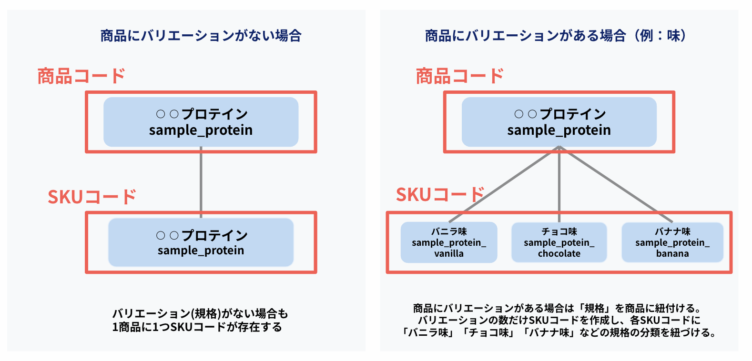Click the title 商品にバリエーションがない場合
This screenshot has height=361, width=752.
pyautogui.click(x=201, y=36)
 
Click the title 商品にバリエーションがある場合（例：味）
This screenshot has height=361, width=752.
pyautogui.click(x=556, y=36)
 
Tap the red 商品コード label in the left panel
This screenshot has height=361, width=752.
pyautogui.click(x=81, y=76)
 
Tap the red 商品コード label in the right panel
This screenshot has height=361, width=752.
pyautogui.click(x=459, y=76)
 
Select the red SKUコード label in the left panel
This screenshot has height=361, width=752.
pyautogui.click(x=91, y=197)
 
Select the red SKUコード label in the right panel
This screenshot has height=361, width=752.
pyautogui.click(x=440, y=194)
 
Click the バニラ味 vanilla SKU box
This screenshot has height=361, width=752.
pyautogui.click(x=449, y=242)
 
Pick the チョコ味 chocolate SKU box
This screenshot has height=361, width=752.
pyautogui.click(x=559, y=242)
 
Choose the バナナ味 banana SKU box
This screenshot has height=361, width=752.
pyautogui.click(x=672, y=242)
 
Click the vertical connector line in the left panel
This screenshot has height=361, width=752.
pyautogui.click(x=201, y=181)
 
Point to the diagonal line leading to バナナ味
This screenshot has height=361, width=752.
pyautogui.click(x=615, y=183)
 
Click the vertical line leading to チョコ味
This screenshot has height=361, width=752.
pyautogui.click(x=559, y=181)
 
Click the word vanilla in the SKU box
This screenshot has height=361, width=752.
pyautogui.click(x=449, y=254)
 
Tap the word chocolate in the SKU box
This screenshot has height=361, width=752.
pyautogui.click(x=559, y=254)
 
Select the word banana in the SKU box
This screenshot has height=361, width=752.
pyautogui.click(x=672, y=254)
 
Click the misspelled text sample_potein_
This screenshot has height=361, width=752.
pyautogui.click(x=559, y=243)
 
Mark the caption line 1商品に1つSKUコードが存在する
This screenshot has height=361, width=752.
pyautogui.click(x=197, y=327)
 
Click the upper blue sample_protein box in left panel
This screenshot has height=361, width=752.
pyautogui.click(x=201, y=122)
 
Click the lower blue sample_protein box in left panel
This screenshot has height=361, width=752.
pyautogui.click(x=201, y=242)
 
